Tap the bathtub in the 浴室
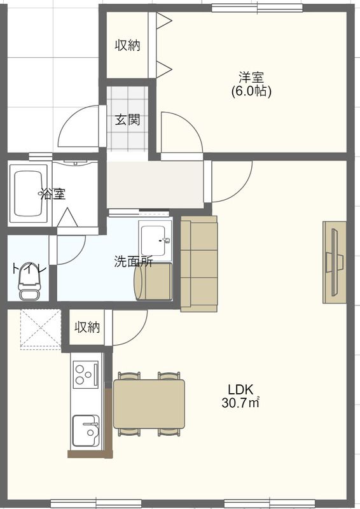click(x=29, y=194)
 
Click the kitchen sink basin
click(x=85, y=431)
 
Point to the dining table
click(x=149, y=404)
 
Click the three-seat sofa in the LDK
click(x=198, y=263)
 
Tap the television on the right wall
click(x=335, y=262)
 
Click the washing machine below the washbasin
click(x=153, y=281)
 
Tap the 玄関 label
click(x=128, y=120)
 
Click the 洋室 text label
click(x=251, y=77)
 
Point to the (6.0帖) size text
click(x=251, y=91)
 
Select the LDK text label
click(x=240, y=389)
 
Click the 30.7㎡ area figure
click(x=240, y=403)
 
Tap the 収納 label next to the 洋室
click(x=128, y=45)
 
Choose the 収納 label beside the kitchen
click(x=87, y=327)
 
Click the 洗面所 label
click(x=134, y=261)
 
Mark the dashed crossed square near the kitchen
click(x=41, y=329)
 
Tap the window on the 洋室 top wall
click(x=257, y=8)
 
